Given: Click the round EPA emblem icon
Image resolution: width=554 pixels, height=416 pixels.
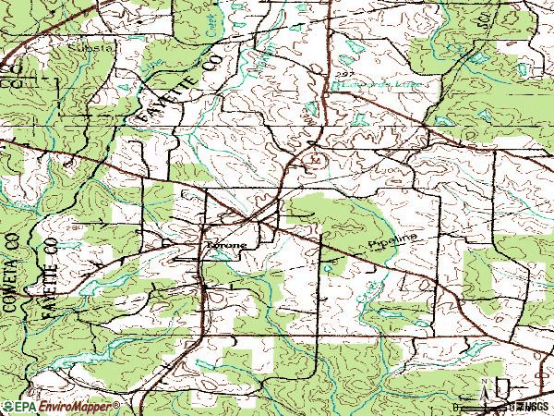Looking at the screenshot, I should point(7,407).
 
